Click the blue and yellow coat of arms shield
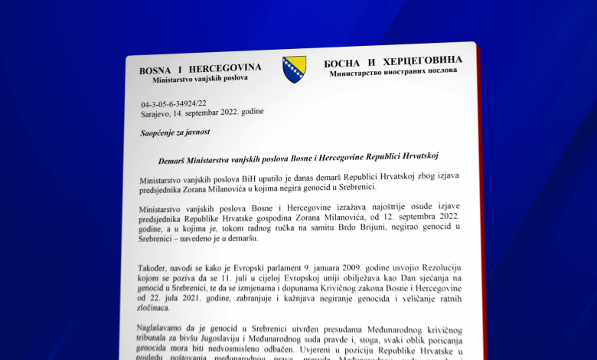click(294, 69)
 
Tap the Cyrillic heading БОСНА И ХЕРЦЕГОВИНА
click(393, 61)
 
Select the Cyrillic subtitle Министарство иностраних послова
click(393, 72)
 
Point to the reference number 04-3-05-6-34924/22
click(173, 103)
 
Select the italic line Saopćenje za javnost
click(175, 133)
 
